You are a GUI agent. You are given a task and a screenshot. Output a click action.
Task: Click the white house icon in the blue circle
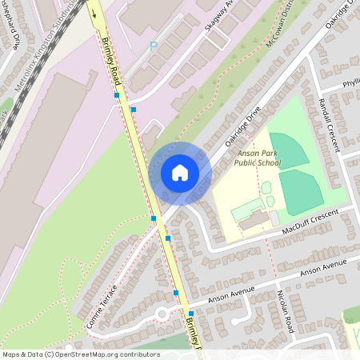[x=180, y=173]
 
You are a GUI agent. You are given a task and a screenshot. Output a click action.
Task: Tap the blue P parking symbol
[x=154, y=46]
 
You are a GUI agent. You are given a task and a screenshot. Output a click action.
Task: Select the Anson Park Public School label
[x=258, y=158]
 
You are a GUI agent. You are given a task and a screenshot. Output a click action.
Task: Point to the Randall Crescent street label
[x=329, y=124]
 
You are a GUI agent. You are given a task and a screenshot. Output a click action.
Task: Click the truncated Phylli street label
[x=350, y=83]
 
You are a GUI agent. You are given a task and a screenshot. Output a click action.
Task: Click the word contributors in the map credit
[x=138, y=354]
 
